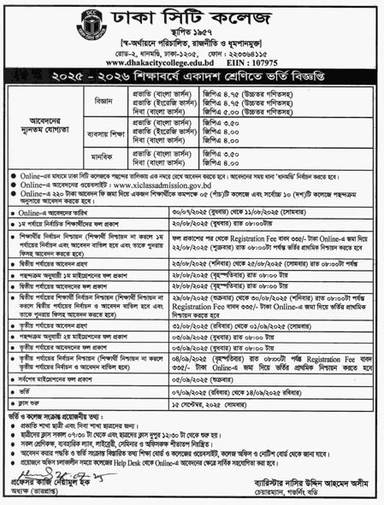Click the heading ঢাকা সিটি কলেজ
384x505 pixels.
pyautogui.click(x=192, y=18)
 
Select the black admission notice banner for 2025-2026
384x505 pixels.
pyautogui.click(x=192, y=79)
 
